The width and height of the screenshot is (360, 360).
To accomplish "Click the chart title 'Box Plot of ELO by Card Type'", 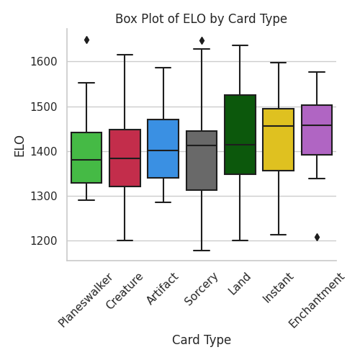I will (x=201, y=19).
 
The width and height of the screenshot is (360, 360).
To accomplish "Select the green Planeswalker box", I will (x=86, y=158).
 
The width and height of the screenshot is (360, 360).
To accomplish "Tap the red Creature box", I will (x=125, y=158).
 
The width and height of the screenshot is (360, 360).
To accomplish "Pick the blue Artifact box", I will (x=163, y=149).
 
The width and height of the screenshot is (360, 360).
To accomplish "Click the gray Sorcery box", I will (x=202, y=161).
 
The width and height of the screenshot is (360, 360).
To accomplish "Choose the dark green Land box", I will (x=240, y=135).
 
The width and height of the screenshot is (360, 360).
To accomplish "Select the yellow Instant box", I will (x=279, y=140).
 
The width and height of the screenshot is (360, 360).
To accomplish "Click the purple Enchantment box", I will (x=317, y=130).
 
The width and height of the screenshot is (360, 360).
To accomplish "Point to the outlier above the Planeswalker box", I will (x=86, y=40).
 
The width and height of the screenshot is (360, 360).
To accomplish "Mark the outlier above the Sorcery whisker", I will (x=202, y=41).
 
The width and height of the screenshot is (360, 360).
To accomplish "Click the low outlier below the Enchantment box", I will (x=317, y=237).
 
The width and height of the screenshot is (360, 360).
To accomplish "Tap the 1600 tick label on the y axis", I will (x=43, y=62).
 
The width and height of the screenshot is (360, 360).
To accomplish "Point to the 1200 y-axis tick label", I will (x=43, y=241).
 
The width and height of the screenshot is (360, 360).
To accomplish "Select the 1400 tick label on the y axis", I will (x=43, y=152).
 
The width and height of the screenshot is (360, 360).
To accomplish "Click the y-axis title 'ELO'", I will (x=19, y=145).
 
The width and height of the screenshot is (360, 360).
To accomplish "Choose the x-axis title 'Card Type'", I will (x=202, y=340).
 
